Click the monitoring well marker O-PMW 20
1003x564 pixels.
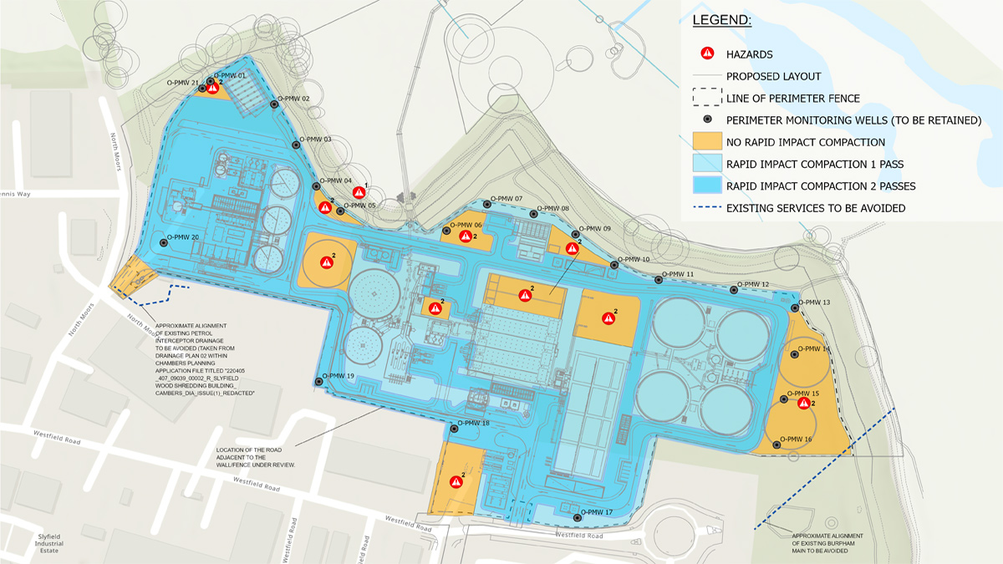[163, 243]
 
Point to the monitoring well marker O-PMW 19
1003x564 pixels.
[318, 382]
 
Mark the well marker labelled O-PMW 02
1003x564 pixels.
[274, 104]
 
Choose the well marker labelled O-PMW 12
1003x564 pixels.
[734, 290]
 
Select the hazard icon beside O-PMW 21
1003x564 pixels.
[212, 87]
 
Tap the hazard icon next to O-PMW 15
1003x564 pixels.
[803, 404]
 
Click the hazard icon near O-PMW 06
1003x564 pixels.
[465, 237]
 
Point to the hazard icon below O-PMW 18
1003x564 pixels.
[456, 480]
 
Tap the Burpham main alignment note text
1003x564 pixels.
[827, 543]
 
